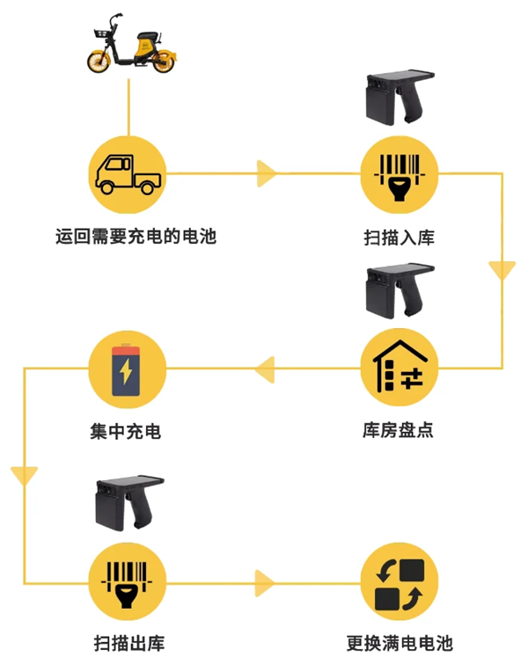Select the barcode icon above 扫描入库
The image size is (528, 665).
[x=400, y=174]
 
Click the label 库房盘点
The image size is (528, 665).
[x=399, y=431]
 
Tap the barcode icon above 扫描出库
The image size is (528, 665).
[x=128, y=581]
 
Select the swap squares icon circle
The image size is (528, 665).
[x=400, y=581]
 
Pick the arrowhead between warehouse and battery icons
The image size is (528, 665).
[x=263, y=369]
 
